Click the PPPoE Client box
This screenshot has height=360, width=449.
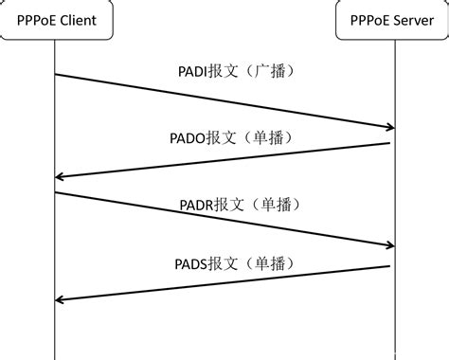coord(55,20)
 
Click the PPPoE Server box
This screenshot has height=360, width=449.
coord(393,20)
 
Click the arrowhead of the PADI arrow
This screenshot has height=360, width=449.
coord(388,127)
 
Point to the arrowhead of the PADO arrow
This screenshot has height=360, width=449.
coord(61,177)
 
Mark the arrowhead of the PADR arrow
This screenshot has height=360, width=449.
coord(388,245)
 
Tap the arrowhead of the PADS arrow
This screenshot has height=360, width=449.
coord(61,299)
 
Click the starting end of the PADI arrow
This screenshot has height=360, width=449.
coord(56,74)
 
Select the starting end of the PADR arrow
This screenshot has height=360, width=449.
coord(56,192)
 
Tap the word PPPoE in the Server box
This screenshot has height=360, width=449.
coord(371,20)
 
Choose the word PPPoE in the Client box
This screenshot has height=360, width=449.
coord(34,20)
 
